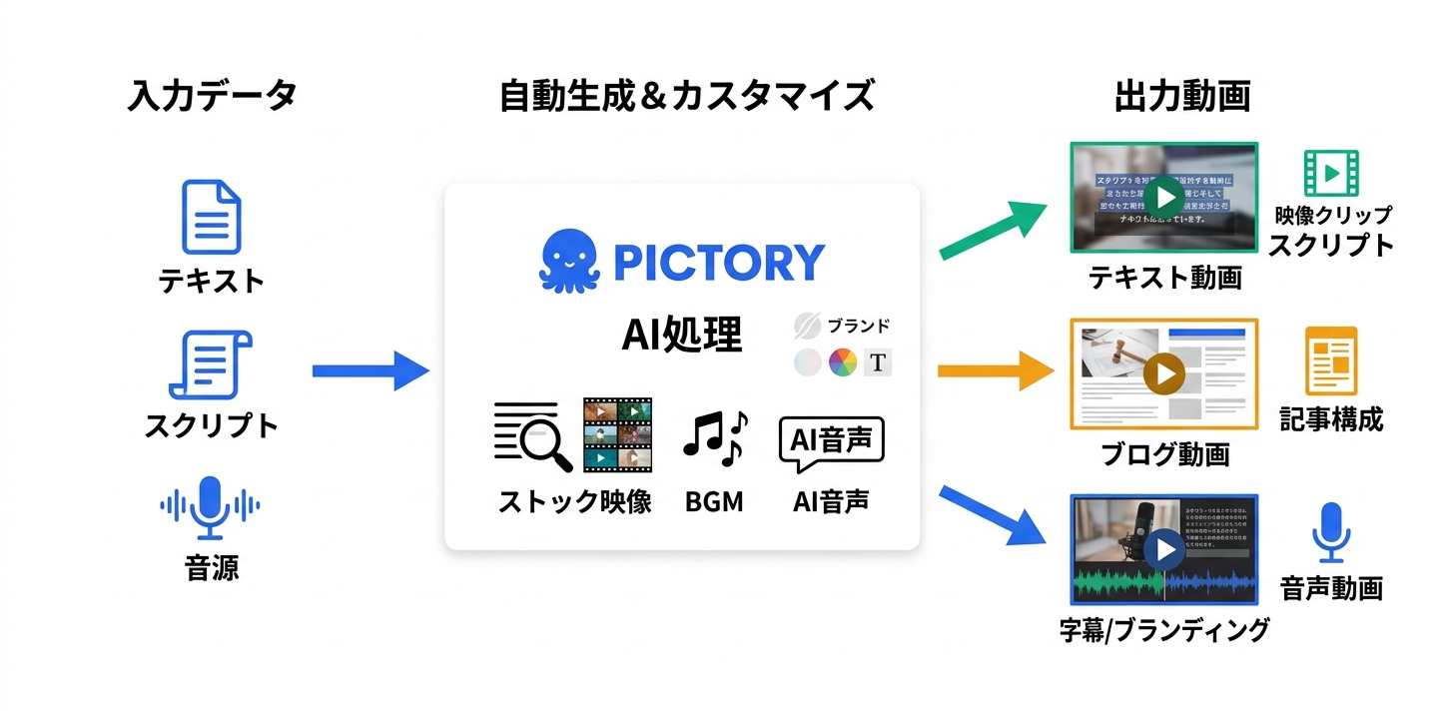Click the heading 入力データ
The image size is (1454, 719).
coord(212,97)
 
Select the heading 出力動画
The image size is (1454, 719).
coord(1182,97)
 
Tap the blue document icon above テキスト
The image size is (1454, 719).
coord(211,217)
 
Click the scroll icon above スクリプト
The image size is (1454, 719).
coord(211,365)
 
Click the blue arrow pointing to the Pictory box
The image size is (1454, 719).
coord(369,370)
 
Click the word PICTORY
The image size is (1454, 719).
coord(719,262)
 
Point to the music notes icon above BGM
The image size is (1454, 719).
coord(715,438)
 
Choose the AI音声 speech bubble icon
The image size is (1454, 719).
coord(831,442)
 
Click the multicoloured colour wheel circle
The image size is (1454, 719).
coord(843,362)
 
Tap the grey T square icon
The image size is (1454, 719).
coord(878,362)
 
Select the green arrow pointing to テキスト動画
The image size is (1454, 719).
coord(994,229)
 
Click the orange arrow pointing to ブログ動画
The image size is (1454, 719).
coord(996,371)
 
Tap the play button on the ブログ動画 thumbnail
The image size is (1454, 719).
coord(1163,374)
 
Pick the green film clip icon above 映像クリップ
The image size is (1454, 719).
coord(1331,173)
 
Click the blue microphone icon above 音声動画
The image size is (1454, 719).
coord(1331,532)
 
